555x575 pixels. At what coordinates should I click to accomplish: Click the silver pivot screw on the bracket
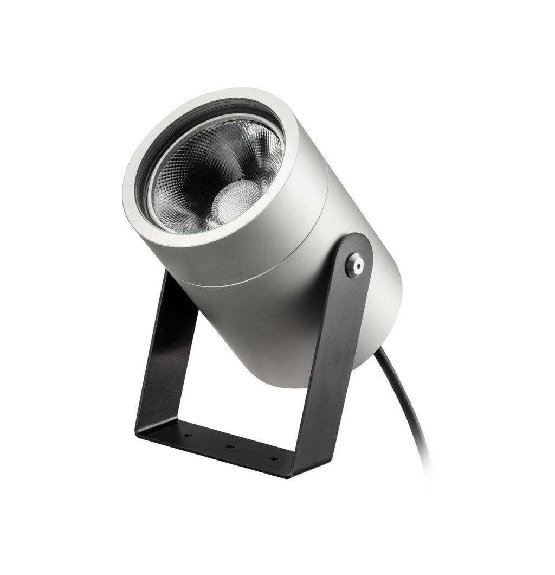click(x=355, y=265)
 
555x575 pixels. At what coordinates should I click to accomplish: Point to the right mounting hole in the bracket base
click(x=274, y=459)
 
